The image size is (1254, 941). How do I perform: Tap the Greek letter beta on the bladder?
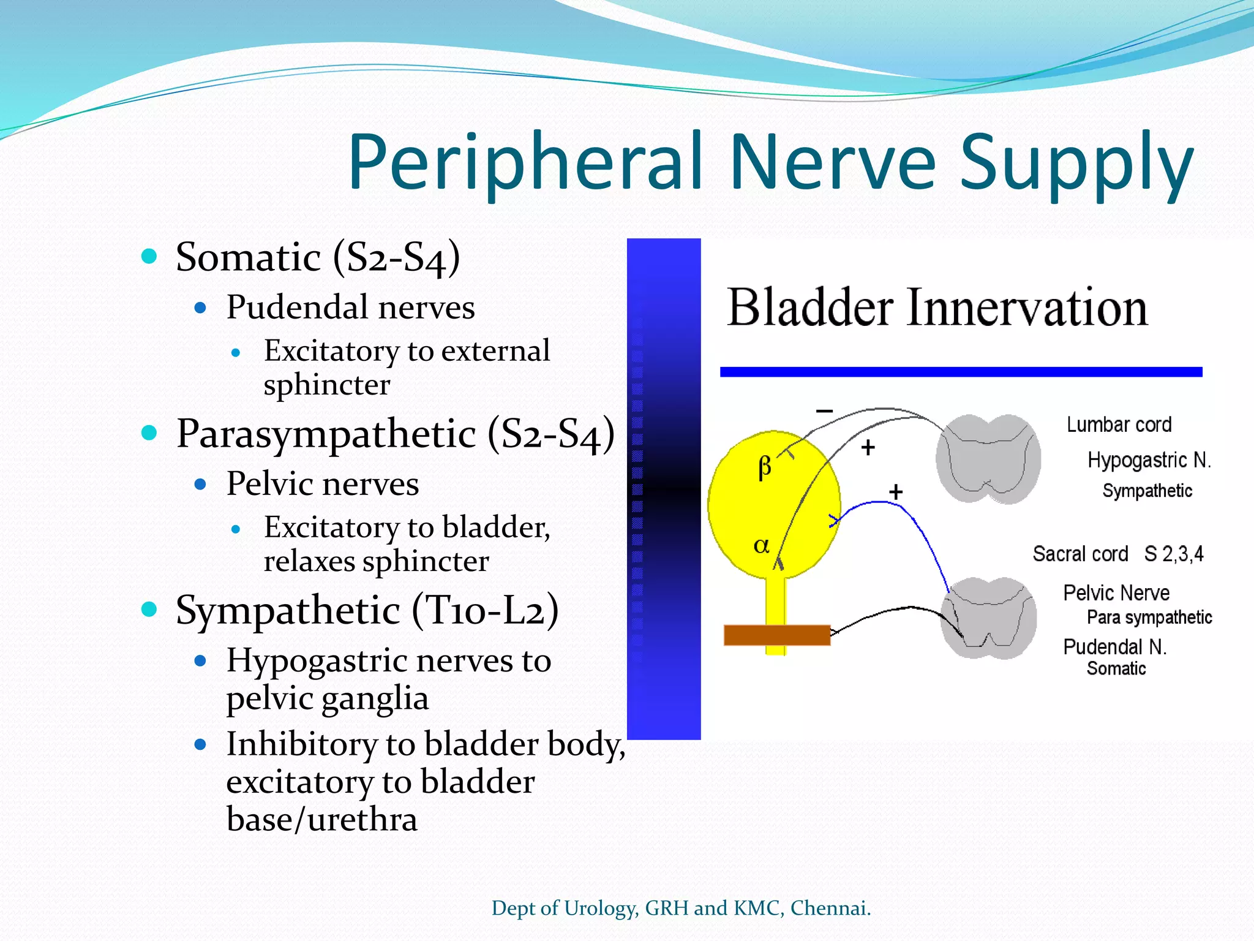click(x=764, y=467)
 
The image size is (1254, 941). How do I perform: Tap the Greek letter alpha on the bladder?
click(x=761, y=545)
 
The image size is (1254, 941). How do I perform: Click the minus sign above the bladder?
click(x=825, y=411)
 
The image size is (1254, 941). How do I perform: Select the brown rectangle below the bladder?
click(x=776, y=635)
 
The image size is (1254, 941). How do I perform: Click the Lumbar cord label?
click(x=1119, y=425)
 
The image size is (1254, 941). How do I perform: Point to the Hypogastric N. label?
click(x=1149, y=459)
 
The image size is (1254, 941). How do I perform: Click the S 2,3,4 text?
click(x=1173, y=554)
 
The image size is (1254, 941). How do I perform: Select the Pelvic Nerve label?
click(x=1116, y=592)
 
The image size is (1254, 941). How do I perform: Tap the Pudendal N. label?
click(x=1114, y=647)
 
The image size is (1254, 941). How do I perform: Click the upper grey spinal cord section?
click(x=988, y=458)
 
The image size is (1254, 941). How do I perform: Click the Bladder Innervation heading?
click(x=937, y=308)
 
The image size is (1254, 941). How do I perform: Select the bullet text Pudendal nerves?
click(x=350, y=307)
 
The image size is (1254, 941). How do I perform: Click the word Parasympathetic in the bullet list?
click(x=326, y=434)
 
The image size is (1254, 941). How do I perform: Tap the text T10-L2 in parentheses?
click(x=485, y=610)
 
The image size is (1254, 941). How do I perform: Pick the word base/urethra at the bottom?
click(x=321, y=819)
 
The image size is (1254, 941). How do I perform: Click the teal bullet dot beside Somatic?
click(x=149, y=256)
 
